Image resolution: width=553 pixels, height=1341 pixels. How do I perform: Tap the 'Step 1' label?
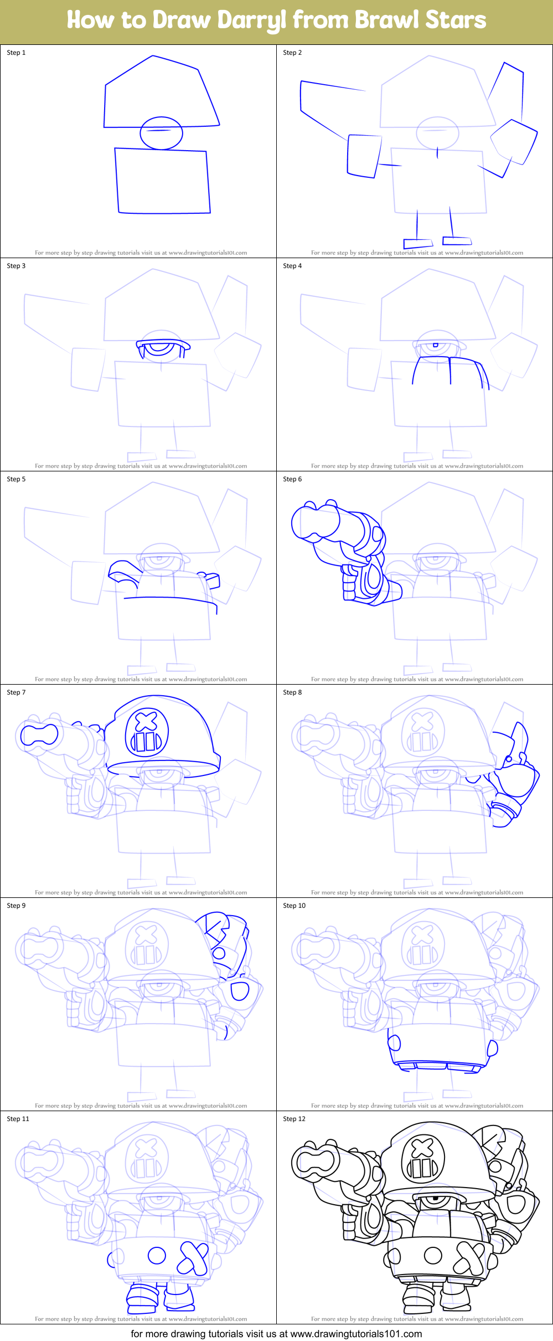[x=16, y=53]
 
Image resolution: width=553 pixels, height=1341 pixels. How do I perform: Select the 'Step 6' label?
[x=292, y=479]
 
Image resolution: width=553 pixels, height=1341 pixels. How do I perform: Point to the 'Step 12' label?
[x=294, y=1119]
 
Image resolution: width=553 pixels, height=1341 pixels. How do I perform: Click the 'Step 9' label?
[x=16, y=906]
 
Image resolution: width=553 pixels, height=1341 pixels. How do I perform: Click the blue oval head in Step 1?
[x=161, y=133]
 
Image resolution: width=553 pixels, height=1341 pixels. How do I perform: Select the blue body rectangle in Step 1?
[x=162, y=181]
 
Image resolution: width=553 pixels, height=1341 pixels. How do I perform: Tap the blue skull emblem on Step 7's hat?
[x=146, y=733]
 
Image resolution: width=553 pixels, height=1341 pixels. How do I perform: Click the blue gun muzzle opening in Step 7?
[x=39, y=734]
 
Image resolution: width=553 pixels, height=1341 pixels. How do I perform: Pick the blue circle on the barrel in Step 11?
[x=157, y=1255]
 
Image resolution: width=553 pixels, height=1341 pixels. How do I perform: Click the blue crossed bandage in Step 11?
[x=193, y=1257]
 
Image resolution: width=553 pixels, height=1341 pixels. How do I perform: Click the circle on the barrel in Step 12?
[x=433, y=1255]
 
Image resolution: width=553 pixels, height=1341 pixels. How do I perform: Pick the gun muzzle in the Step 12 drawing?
[x=315, y=1161]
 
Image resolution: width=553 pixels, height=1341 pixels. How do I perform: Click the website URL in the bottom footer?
[x=356, y=1334]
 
